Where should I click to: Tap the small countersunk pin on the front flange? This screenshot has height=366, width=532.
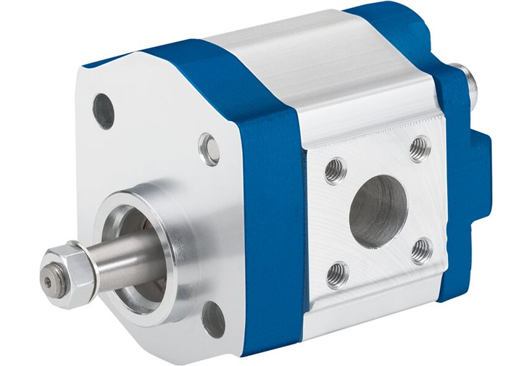click(209, 149)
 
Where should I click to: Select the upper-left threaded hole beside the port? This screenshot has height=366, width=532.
click(333, 170)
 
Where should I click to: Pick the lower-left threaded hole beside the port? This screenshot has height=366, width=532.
click(336, 275)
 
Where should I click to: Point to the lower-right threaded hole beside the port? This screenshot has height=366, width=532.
click(422, 251)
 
